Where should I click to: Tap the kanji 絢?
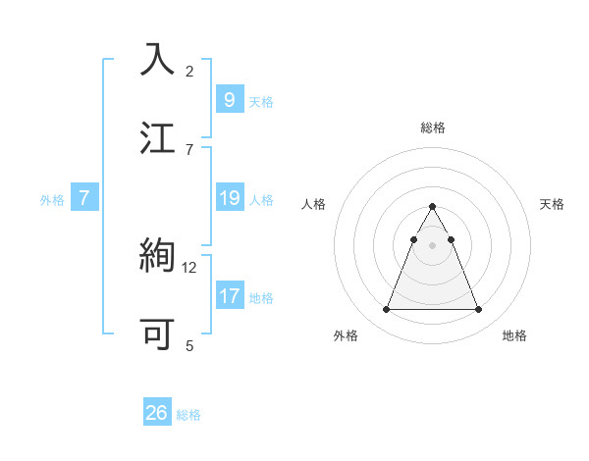158,256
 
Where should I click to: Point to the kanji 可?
158,333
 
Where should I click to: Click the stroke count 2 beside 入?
189,71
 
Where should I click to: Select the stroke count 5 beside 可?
189,345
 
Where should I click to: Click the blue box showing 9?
229,99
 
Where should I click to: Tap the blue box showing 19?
229,198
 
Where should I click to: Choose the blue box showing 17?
229,295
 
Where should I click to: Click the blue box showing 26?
157,413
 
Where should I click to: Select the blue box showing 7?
84,198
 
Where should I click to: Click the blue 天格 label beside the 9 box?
261,101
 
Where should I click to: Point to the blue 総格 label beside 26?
189,415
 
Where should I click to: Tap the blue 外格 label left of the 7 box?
52,200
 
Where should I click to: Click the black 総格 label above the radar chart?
433,128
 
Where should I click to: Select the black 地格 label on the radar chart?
514,335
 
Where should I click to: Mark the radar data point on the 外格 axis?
387,310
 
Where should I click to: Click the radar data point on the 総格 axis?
433,207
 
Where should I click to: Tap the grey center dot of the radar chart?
433,244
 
